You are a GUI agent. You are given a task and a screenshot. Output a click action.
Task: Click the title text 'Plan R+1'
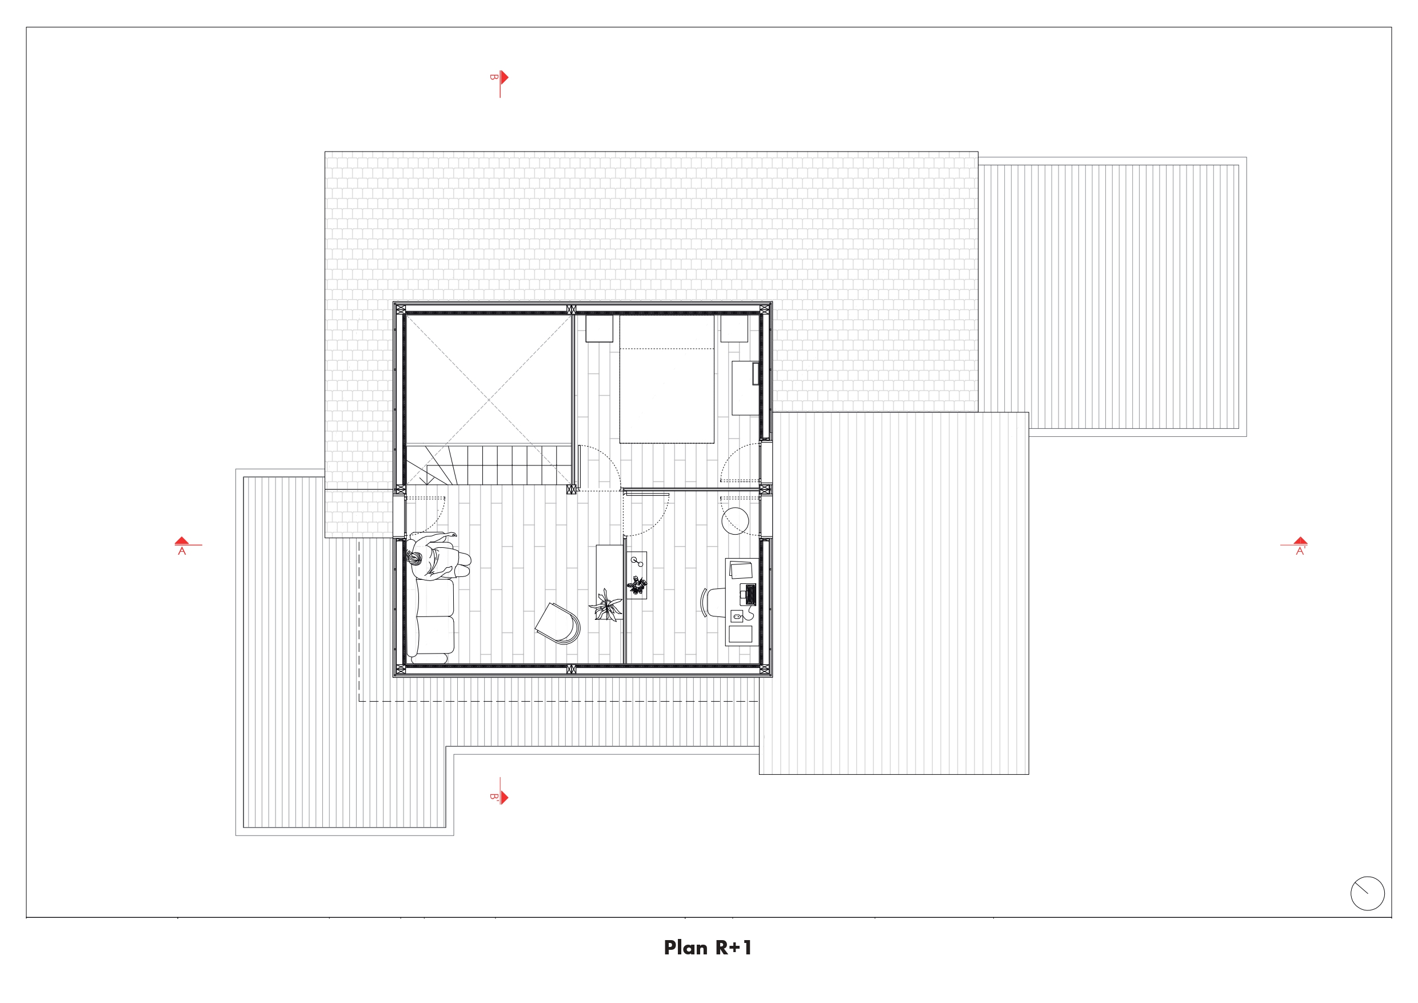point(708,948)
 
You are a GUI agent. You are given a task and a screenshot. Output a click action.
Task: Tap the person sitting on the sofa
point(437,556)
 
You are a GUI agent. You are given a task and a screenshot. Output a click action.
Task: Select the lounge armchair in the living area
point(558,623)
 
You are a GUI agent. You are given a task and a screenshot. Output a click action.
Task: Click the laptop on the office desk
point(750,595)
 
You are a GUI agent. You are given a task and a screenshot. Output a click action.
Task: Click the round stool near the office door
point(735,521)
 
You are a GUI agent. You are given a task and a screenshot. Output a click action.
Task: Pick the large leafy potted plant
point(606,605)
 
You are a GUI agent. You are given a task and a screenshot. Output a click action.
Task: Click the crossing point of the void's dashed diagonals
point(489,400)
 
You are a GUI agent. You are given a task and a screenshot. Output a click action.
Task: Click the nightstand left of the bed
point(599,328)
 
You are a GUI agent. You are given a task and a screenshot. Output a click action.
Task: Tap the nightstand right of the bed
point(734,328)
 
